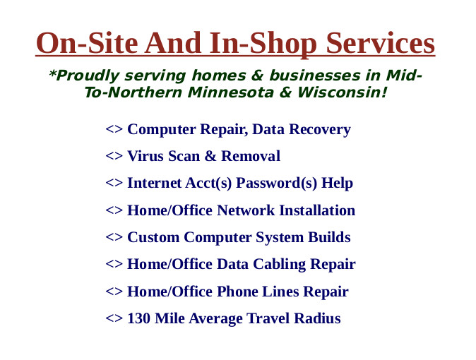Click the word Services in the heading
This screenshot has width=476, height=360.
(381, 43)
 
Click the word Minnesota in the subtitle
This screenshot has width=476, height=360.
(230, 92)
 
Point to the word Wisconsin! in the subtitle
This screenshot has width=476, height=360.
(342, 92)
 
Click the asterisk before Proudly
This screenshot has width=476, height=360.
(52, 73)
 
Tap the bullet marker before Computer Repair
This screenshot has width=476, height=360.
(114, 129)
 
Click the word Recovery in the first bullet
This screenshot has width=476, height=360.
(320, 130)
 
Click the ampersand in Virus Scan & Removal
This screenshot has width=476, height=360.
(210, 156)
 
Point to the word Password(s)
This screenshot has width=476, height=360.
(277, 184)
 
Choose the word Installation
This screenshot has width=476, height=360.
(317, 210)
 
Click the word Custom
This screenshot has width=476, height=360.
(153, 237)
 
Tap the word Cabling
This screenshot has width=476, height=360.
(279, 265)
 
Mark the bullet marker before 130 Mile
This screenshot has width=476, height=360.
(114, 318)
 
